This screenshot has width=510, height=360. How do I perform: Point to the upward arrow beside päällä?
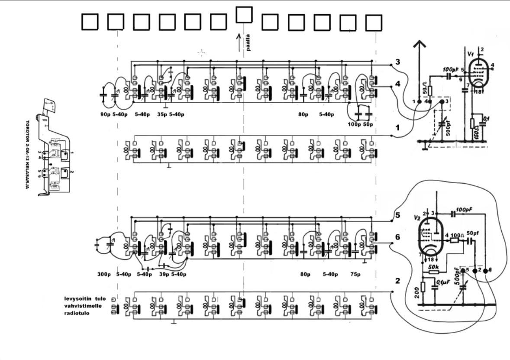click(238, 42)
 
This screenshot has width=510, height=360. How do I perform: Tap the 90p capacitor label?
click(104, 115)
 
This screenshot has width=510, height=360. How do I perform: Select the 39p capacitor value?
click(164, 274)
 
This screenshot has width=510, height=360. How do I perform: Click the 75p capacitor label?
click(356, 274)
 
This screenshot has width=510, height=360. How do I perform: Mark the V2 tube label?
click(416, 217)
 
